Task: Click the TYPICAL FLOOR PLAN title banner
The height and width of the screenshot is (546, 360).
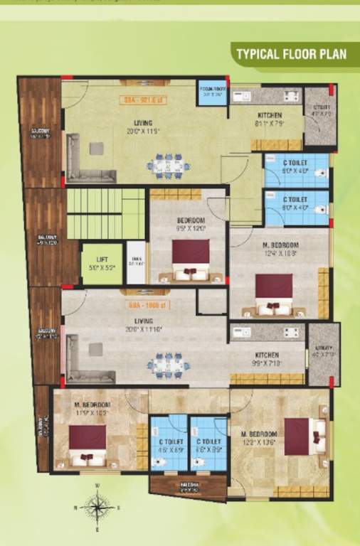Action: (x=291, y=53)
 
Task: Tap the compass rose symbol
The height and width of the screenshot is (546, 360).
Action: (x=96, y=507)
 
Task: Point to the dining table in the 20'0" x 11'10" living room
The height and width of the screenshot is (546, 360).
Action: (x=169, y=365)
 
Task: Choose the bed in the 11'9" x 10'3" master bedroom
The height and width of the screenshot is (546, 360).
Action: (x=87, y=444)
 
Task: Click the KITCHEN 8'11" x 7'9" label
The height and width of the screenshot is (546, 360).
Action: (x=269, y=119)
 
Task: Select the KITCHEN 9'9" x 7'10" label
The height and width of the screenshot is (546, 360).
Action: (x=268, y=358)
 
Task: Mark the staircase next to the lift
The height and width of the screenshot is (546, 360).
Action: (x=105, y=213)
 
